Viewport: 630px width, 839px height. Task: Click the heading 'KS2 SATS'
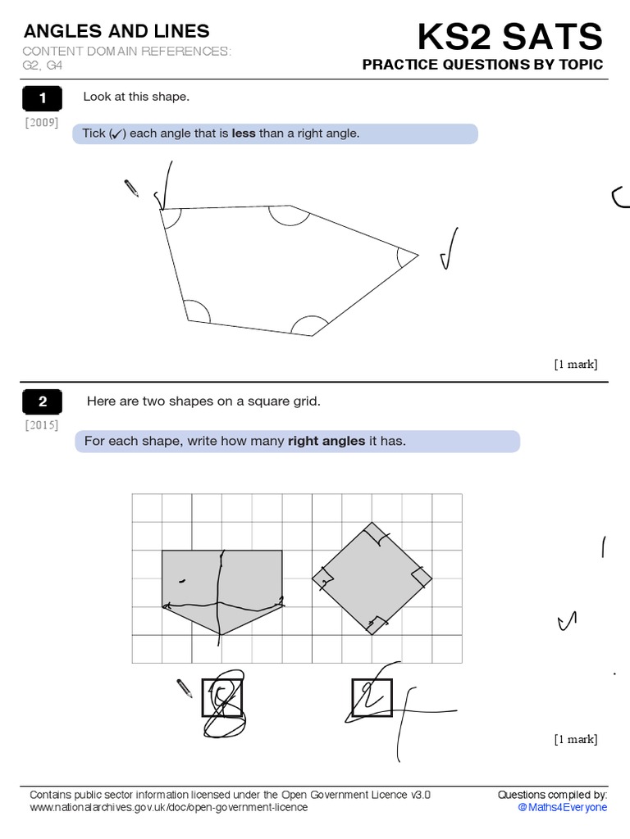tap(509, 37)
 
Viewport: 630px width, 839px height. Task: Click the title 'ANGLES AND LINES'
tap(116, 31)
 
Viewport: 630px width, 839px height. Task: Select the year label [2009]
tap(41, 123)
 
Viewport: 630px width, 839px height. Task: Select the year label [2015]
tap(41, 424)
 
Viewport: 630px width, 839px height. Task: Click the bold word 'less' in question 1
tap(244, 133)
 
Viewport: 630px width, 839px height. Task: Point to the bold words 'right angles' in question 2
tap(326, 442)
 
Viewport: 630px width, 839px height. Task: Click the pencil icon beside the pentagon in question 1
tap(131, 188)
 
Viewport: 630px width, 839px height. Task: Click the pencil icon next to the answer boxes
tap(185, 688)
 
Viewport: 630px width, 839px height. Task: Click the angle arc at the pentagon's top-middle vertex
tap(289, 215)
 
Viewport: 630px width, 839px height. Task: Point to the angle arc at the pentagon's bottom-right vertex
tap(310, 326)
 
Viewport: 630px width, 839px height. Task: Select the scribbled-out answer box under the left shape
tap(222, 696)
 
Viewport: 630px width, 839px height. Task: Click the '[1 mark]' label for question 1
tap(575, 365)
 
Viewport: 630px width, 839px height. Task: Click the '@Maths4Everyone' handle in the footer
tap(563, 807)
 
